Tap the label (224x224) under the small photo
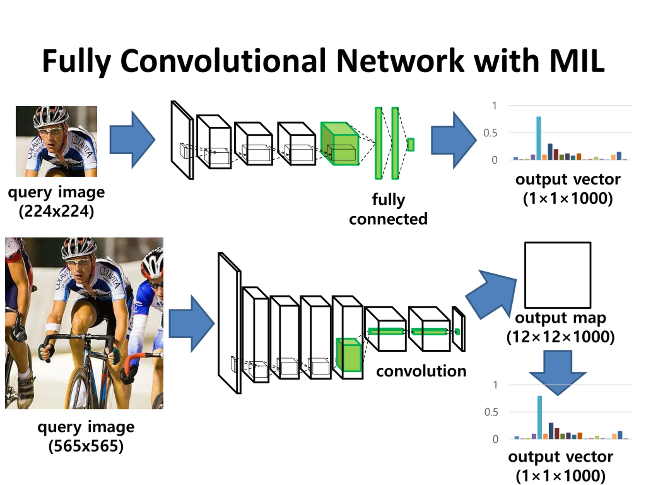[x=56, y=211]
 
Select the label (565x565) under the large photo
[x=86, y=446]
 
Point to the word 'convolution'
[x=421, y=371]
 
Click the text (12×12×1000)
[x=560, y=337]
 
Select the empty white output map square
[x=557, y=275]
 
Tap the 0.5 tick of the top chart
[x=490, y=133]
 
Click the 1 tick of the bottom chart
[x=495, y=385]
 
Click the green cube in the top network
[x=340, y=143]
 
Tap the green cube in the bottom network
[x=349, y=355]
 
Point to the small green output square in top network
[x=411, y=144]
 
